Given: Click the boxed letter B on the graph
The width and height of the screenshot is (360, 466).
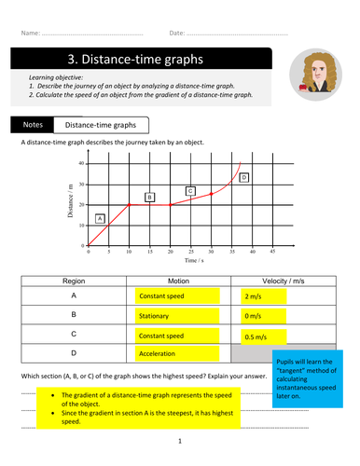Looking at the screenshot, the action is tap(149, 197).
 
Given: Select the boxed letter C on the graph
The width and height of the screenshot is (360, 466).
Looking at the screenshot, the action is tap(190, 191).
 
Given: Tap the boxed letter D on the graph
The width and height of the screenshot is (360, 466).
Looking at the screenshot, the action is tap(244, 177).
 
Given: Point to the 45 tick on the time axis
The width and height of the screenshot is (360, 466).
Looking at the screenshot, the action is tap(272, 253).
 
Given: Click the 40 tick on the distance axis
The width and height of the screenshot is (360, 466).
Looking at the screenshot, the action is tap(81, 163).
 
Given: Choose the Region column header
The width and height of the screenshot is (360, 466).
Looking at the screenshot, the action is tap(74, 280).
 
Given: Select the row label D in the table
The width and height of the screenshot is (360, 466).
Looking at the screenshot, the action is tap(74, 354).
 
